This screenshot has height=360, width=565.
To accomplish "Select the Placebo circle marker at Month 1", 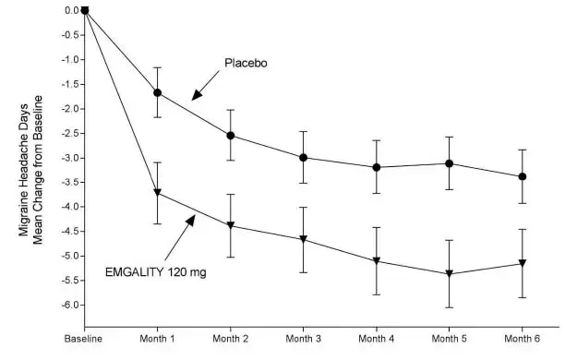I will coord(158,92).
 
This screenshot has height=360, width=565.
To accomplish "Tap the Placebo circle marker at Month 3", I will coord(304,157).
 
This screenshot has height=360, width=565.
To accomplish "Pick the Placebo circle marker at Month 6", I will coord(523,176).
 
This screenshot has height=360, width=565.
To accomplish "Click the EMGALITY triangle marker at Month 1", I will coord(158,193).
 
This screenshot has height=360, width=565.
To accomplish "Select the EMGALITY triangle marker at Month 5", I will coord(450,274).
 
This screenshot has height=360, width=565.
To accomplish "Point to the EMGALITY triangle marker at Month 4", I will coord(377,261).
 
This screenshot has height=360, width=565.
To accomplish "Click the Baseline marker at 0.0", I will coord(85,10).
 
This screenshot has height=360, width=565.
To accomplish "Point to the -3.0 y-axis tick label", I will coord(66,158).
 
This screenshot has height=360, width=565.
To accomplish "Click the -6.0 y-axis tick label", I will coord(66,305).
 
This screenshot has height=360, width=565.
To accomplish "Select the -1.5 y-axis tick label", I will coord(66,84).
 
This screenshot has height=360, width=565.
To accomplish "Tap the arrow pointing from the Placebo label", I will coord(207,86).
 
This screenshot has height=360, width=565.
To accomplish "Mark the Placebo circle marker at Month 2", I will coord(231,136).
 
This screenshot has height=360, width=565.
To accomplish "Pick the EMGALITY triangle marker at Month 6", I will coord(523,264).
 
